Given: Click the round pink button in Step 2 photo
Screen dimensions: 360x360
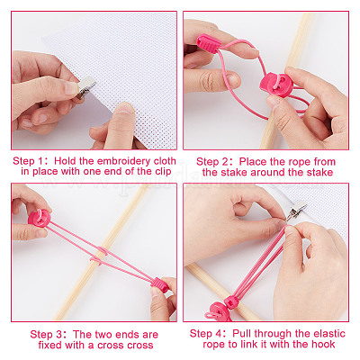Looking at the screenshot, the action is (x=275, y=85).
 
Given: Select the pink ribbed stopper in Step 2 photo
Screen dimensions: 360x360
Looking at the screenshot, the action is (x=209, y=44).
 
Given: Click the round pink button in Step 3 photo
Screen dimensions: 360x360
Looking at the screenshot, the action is (x=40, y=218).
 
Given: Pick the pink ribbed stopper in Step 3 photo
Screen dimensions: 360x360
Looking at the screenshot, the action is (x=160, y=285).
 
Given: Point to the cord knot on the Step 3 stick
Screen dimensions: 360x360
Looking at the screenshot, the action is (x=100, y=256).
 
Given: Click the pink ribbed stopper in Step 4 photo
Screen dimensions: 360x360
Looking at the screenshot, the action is (x=231, y=301).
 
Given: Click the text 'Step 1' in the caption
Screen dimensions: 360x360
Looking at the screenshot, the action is (x=28, y=161).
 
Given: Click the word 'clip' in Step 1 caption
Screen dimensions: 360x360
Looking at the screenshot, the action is (x=163, y=172).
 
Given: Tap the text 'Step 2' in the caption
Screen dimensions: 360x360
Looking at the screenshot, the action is (x=212, y=162).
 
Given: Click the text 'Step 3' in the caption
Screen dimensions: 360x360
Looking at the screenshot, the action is (x=46, y=335).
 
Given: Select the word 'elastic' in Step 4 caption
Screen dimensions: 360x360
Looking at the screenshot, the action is (x=329, y=333).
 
